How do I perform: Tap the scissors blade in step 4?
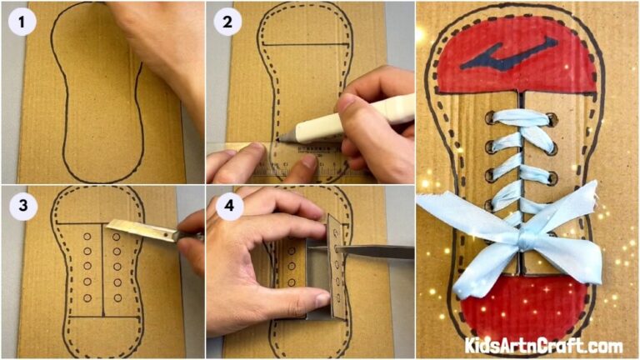tap(375, 252)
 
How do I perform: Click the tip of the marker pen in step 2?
tap(282, 134)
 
